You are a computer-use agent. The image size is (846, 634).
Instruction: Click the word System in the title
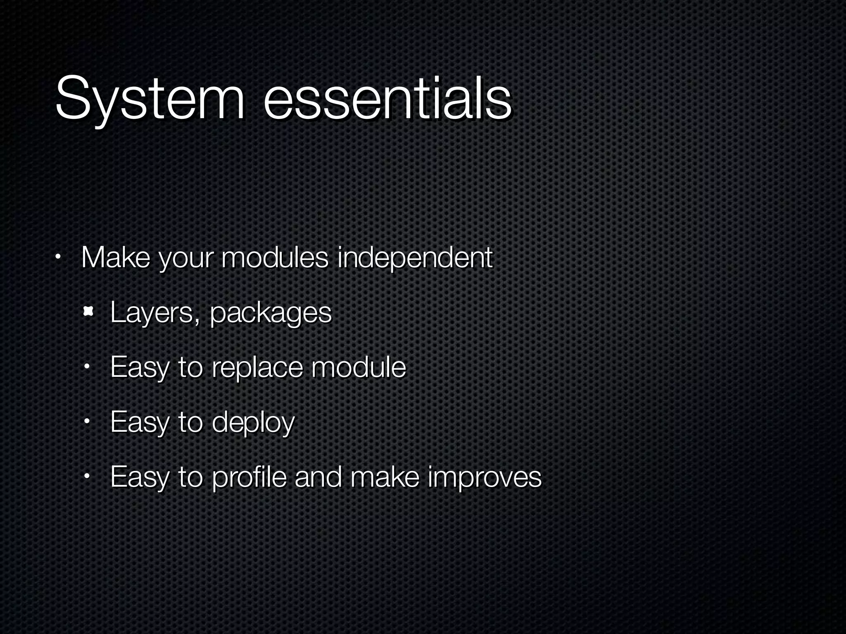150,99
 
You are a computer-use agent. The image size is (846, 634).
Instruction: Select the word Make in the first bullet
116,258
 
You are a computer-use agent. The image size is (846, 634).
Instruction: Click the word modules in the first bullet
275,258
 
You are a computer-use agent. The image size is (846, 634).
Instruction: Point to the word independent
415,258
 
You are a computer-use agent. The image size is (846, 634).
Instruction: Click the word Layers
151,313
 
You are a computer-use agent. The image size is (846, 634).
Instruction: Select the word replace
257,367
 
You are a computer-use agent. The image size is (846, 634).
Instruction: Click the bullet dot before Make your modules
58,258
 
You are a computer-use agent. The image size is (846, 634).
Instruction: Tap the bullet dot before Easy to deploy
87,422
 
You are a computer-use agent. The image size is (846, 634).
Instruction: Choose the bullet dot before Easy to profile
87,477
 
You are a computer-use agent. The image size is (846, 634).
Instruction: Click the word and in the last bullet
318,476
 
